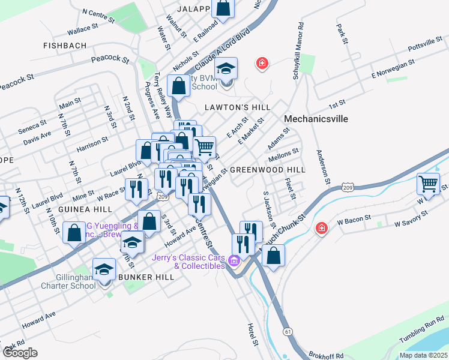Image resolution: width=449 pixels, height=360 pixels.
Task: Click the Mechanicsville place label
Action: [316, 119]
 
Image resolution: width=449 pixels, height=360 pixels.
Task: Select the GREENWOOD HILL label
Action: [268, 170]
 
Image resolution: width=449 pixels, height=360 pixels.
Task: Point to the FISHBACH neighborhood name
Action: [65, 46]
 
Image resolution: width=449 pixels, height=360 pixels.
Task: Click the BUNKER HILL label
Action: [146, 277]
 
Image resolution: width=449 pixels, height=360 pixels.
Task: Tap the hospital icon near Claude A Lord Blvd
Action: [262, 63]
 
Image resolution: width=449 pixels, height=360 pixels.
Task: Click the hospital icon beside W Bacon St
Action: [322, 229]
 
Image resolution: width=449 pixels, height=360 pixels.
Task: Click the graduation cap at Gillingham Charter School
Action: [104, 270]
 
